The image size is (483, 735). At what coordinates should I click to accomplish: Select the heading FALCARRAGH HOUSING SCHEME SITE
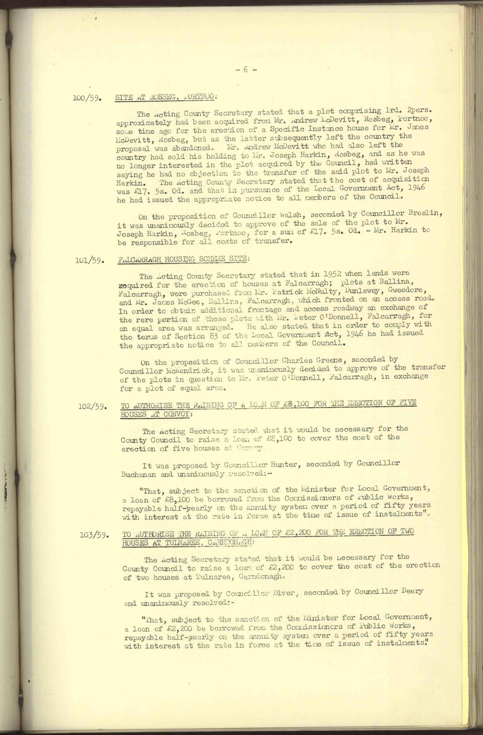[183, 259]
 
